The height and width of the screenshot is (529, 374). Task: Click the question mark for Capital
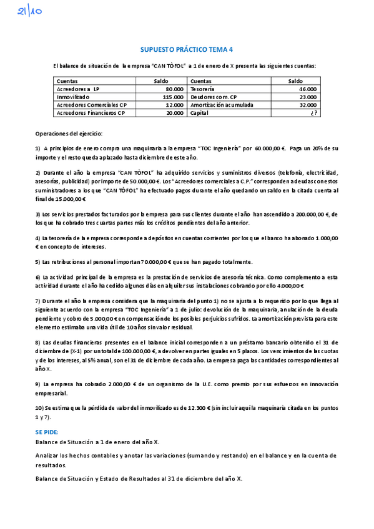(x=313, y=114)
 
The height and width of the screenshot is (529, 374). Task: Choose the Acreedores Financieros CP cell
(x=91, y=114)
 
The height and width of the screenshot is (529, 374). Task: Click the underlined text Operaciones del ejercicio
(x=69, y=133)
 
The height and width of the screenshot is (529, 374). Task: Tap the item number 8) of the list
(x=38, y=343)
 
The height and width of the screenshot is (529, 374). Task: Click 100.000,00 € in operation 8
(x=140, y=352)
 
